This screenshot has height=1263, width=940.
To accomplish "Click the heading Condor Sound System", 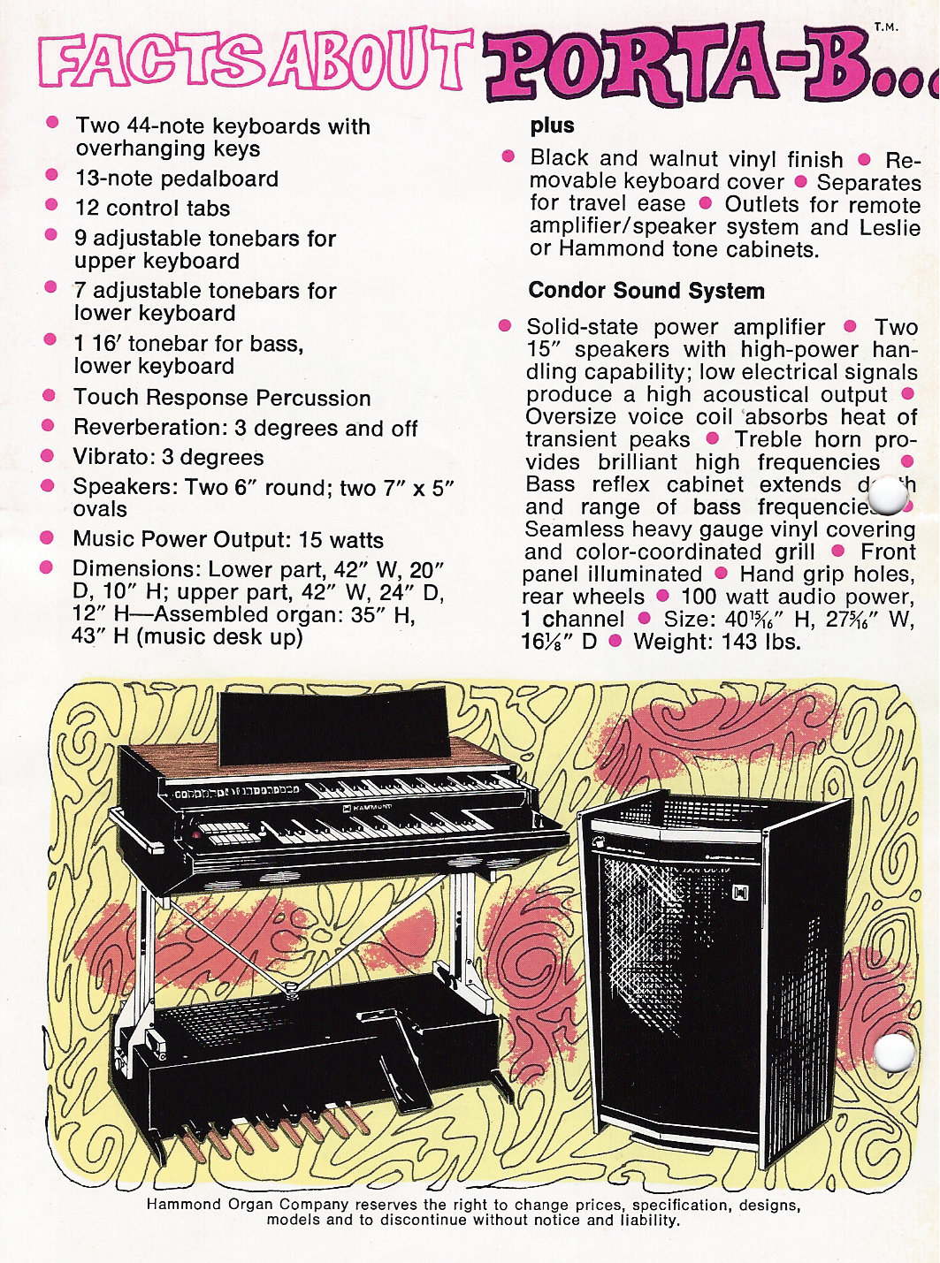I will click(x=646, y=291).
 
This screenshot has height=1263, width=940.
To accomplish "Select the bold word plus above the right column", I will click(x=552, y=126).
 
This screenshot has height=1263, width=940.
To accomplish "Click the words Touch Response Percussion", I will click(x=222, y=398).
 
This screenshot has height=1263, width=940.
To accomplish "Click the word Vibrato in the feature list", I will click(x=106, y=458).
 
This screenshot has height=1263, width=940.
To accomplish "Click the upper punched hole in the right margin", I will click(x=890, y=498).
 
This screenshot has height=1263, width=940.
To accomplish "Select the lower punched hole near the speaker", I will click(x=895, y=1053).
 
